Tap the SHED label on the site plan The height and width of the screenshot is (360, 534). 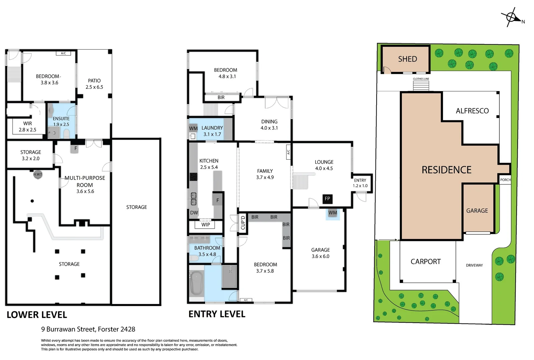coord(407,59)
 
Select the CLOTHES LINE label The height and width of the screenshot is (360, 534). coord(421,79)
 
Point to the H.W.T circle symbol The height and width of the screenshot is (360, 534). coord(38,174)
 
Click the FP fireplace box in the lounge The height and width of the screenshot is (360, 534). coord(327,199)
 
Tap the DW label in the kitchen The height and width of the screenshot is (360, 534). coord(194,213)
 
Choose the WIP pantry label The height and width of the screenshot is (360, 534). coord(205,225)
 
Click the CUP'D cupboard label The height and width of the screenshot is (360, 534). coord(243,223)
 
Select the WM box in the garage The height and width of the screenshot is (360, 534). coord(333,213)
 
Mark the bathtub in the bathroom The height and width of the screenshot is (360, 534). coord(196,283)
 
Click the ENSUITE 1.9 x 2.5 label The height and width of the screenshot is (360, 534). coord(61,121)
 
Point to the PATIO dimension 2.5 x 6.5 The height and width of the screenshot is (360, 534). coord(94,87)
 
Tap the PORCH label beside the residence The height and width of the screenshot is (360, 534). coord(505,180)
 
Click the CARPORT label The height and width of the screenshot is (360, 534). coord(426,262)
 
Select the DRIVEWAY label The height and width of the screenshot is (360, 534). coord(474,265)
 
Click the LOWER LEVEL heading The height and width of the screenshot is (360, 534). coord(37,315)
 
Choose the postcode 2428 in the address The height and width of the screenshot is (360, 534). coord(128,329)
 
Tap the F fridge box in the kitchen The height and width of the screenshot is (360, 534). coord(217,200)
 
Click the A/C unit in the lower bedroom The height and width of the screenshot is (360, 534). coord(63,53)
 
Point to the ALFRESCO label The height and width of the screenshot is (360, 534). coord(472,111)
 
